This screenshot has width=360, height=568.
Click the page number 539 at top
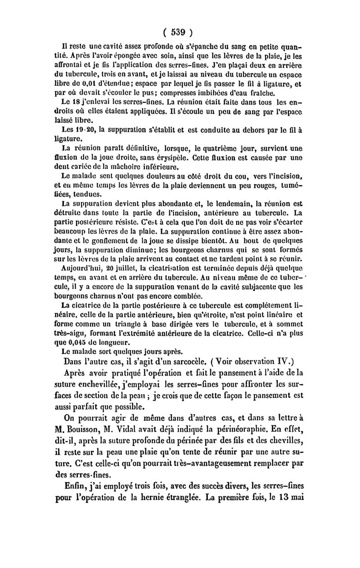point(179,32)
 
